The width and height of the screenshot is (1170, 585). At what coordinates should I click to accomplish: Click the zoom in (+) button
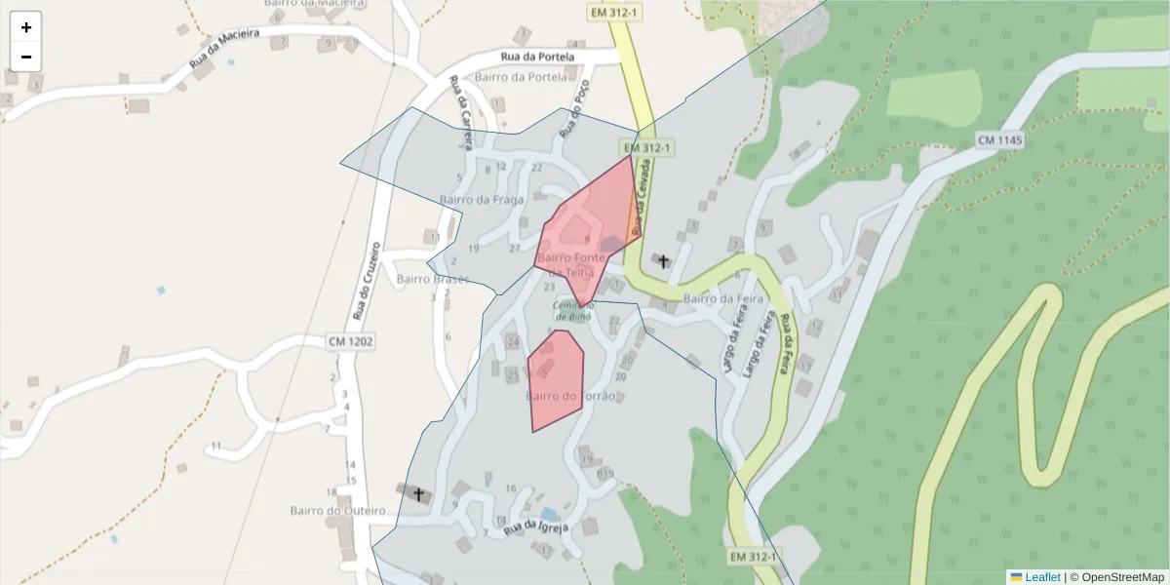(x=26, y=27)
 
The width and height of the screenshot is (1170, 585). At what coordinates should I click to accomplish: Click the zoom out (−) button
(x=26, y=57)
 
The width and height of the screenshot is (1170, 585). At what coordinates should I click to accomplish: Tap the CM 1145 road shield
(x=1000, y=141)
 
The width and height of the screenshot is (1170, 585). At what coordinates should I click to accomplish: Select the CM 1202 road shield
(x=351, y=341)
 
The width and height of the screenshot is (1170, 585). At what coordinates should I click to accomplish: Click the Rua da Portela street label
(x=537, y=58)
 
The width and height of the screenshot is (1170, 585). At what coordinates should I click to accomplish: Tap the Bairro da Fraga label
(x=482, y=200)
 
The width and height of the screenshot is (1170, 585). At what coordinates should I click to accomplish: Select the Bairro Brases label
(x=433, y=279)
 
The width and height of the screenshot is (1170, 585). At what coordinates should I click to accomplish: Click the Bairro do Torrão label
(x=570, y=396)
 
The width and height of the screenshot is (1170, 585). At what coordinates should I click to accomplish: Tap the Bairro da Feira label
(x=721, y=298)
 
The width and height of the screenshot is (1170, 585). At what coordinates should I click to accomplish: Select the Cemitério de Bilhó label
(x=574, y=310)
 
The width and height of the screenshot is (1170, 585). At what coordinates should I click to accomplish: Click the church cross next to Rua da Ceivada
(x=664, y=261)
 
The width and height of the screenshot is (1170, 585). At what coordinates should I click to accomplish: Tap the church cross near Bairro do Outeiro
(x=419, y=494)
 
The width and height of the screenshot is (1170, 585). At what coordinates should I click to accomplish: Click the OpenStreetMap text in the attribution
(x=1122, y=577)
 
